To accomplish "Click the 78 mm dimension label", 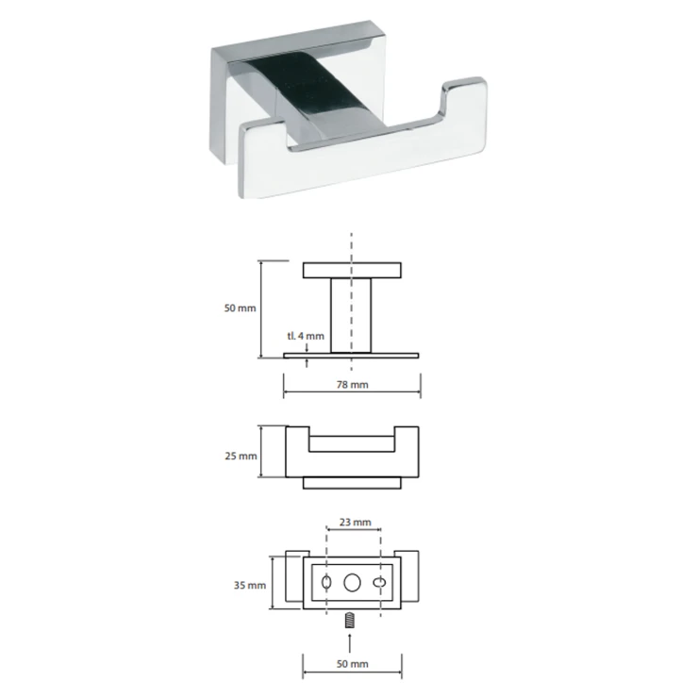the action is click(353, 384).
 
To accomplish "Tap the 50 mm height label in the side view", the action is click(240, 307).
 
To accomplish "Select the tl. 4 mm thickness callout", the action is click(306, 336).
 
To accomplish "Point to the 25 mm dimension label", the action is click(241, 456).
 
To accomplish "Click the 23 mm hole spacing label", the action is click(356, 522).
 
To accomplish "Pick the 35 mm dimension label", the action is click(250, 585).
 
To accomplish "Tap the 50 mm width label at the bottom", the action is click(353, 664).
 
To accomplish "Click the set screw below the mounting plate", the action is click(350, 620).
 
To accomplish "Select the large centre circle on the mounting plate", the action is click(352, 583).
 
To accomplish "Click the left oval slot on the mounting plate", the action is click(326, 582).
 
